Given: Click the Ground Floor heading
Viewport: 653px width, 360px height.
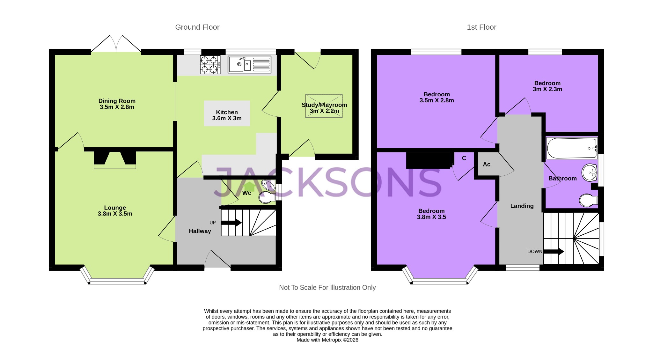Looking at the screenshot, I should (x=197, y=27).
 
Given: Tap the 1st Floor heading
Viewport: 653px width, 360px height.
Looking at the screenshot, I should (x=481, y=27).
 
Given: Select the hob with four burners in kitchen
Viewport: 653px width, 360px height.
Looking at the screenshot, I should (x=210, y=64).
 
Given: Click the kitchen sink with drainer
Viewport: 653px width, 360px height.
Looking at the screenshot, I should (x=249, y=64).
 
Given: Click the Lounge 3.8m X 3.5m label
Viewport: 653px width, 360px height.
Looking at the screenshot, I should (x=115, y=211).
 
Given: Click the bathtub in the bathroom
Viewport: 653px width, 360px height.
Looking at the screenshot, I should (x=572, y=148).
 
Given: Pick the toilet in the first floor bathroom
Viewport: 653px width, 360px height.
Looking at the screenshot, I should (x=588, y=201).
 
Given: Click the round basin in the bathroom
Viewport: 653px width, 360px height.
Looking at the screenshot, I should (x=589, y=173).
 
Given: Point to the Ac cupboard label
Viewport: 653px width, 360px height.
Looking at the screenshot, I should (x=486, y=164).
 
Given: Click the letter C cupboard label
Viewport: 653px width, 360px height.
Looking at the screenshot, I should (x=464, y=158).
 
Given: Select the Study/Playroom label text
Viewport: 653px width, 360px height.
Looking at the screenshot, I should (x=324, y=105).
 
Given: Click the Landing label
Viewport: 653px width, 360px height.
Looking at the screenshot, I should (x=522, y=206).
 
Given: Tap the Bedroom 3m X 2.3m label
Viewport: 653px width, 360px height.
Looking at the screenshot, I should (x=547, y=86).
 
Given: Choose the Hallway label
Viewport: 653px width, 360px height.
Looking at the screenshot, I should (x=200, y=231).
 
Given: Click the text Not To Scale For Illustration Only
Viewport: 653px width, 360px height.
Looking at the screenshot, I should (x=327, y=288).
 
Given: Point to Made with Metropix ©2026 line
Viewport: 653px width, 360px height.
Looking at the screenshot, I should (x=327, y=340).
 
